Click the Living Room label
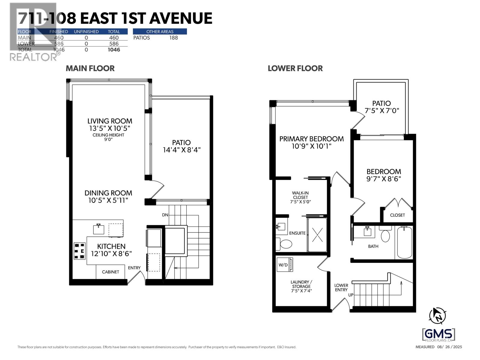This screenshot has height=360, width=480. tap(109, 121)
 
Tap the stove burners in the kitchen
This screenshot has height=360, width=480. tap(79, 251)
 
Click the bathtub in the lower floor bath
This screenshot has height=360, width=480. tap(404, 242)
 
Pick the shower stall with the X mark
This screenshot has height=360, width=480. tap(317, 235)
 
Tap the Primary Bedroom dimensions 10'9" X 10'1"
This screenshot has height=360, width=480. tap(311, 146)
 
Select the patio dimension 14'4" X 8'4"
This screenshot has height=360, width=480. tap(181, 150)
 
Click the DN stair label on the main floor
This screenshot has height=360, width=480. tap(165, 215)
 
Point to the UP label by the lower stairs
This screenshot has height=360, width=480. tap(351, 295)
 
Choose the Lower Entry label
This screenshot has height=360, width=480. tap(341, 287)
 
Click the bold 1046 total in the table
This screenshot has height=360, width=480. tap(114, 50)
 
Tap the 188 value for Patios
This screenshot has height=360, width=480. tap(173, 38)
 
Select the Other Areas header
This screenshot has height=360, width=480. tap(160, 31)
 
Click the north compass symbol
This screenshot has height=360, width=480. tap(437, 316)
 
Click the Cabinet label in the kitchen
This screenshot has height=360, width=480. tap(110, 272)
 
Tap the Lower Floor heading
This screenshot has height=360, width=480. tap(295, 68)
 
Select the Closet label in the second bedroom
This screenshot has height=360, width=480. tap(397, 215)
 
